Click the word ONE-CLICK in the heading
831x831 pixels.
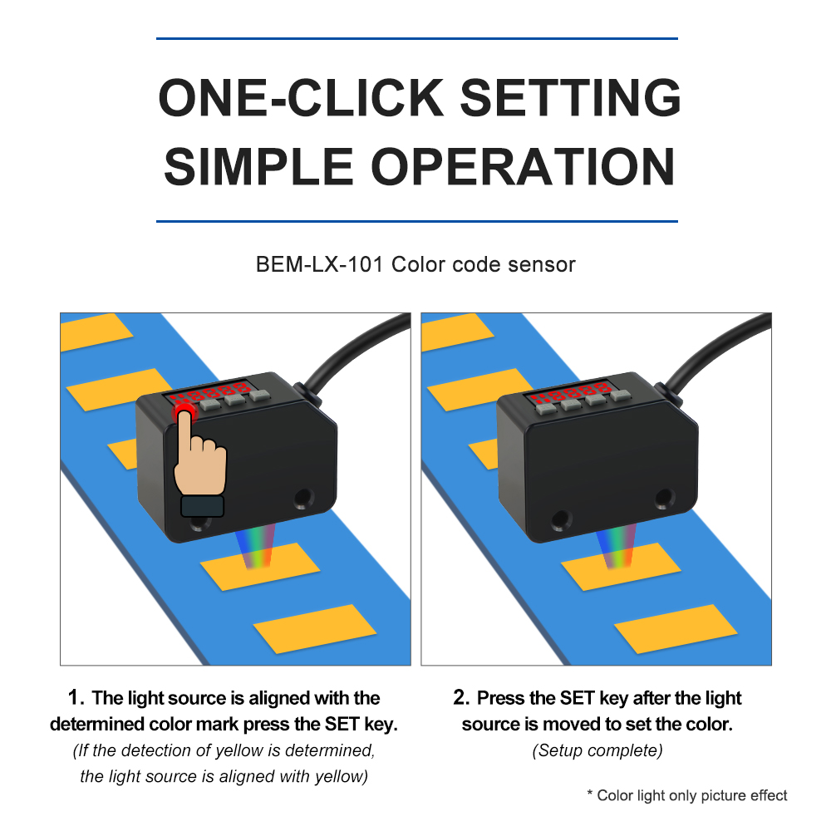tap(301, 97)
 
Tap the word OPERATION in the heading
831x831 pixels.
tap(526, 167)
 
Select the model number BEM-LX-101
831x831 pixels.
tap(319, 264)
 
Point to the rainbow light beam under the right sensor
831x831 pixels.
tap(616, 546)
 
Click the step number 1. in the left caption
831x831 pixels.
tap(76, 697)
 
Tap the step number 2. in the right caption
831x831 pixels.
tap(461, 697)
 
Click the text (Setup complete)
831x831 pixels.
tap(597, 750)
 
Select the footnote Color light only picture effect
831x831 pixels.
tap(691, 795)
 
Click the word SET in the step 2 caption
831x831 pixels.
tap(577, 698)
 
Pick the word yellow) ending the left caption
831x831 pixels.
tap(342, 777)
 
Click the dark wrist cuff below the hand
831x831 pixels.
tap(202, 506)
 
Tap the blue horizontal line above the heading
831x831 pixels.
tap(417, 39)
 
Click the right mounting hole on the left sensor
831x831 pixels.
tap(303, 498)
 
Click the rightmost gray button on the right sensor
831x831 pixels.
tap(620, 396)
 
